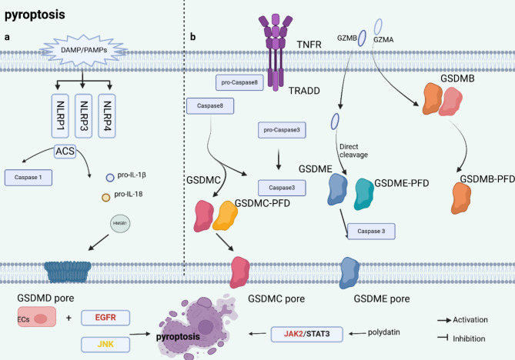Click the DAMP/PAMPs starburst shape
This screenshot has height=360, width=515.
(83, 50)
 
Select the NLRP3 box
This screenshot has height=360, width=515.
(83, 116)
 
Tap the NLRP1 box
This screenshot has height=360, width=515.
(60, 116)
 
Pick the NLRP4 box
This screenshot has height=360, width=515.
(107, 116)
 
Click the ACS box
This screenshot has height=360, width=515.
(65, 152)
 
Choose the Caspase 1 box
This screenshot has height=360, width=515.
(28, 178)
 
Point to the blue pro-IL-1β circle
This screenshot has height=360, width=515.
(110, 178)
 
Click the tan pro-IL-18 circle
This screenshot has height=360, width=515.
(105, 198)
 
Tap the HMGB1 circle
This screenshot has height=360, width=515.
(120, 224)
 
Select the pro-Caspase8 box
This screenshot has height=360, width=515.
(239, 82)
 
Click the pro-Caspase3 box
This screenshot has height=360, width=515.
(282, 130)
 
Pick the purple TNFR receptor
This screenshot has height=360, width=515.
(276, 52)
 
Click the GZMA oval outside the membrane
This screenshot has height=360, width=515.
(378, 27)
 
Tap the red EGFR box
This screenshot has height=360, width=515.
(105, 318)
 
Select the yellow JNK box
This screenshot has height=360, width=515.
(105, 345)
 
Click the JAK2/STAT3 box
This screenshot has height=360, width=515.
(306, 334)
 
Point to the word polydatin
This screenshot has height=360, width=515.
(383, 332)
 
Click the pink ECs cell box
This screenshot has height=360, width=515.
(37, 317)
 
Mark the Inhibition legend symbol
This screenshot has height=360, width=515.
(443, 338)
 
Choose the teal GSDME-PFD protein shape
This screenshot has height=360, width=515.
(363, 195)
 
